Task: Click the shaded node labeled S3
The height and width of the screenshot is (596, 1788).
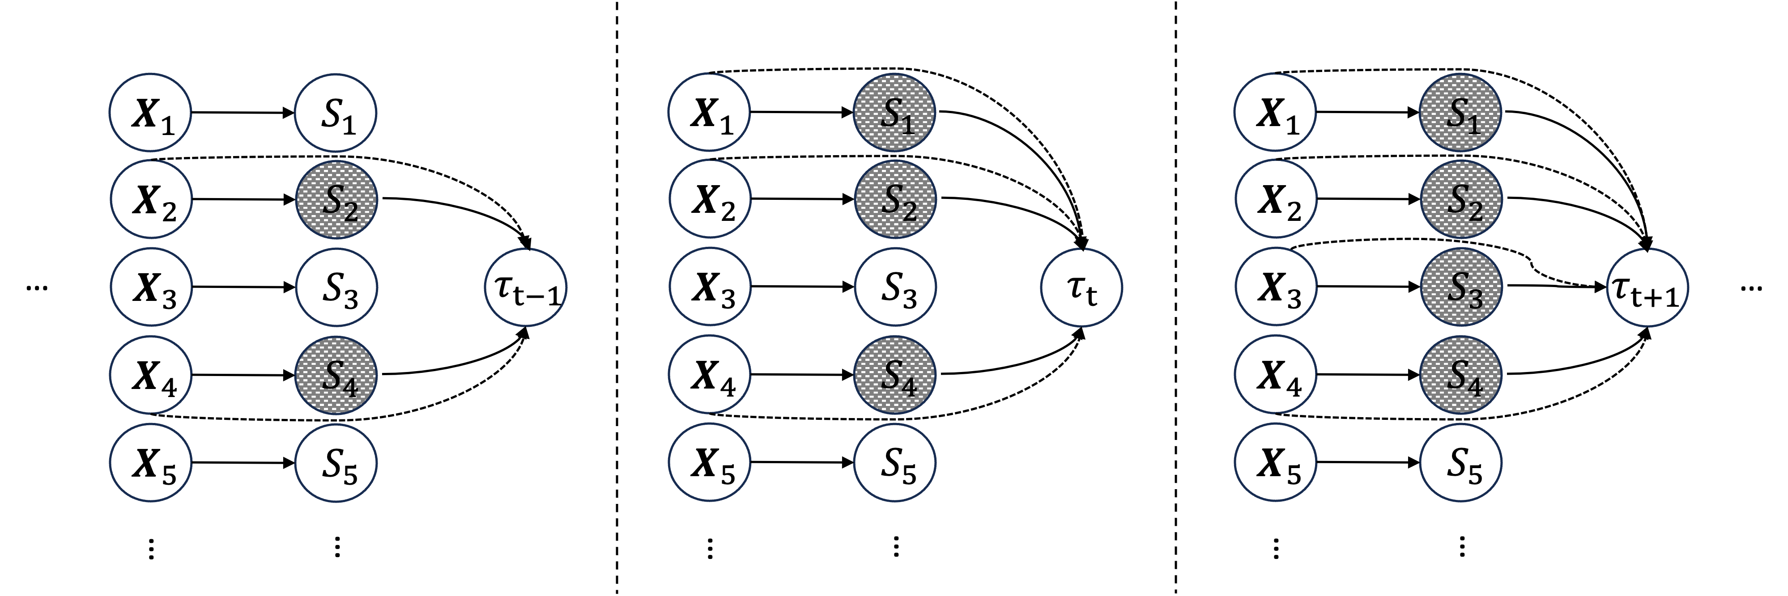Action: coord(1461,287)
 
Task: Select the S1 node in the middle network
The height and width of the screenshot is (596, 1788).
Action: coord(895,112)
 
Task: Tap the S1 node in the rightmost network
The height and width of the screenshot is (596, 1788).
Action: coord(1460,112)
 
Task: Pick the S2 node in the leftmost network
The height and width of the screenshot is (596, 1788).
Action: coord(336,200)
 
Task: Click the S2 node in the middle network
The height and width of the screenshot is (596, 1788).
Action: coord(895,200)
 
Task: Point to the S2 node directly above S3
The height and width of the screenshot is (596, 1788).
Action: coord(1461,200)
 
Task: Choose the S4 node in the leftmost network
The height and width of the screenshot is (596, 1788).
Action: coord(336,376)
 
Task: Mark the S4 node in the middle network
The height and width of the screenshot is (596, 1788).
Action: coord(895,376)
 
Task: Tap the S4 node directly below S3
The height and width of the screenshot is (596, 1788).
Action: coord(1460,376)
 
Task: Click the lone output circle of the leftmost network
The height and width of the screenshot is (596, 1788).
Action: coord(525,287)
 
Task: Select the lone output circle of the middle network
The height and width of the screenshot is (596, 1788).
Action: coord(1081,287)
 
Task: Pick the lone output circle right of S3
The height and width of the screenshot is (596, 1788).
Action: coord(1648,287)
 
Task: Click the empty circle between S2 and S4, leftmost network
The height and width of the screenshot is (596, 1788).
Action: coord(336,287)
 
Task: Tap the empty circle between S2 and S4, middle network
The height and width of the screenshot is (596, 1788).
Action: coord(895,287)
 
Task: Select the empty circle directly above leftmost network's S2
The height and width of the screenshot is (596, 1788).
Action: coord(336,112)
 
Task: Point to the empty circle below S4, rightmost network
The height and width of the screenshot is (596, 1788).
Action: coord(1460,463)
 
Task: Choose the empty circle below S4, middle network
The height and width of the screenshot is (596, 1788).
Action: coord(895,463)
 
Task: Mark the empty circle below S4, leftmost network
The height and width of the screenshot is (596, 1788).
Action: coord(336,463)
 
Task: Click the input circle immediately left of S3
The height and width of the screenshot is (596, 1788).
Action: coord(1276,287)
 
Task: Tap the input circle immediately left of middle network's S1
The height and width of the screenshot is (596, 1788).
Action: coord(709,112)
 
